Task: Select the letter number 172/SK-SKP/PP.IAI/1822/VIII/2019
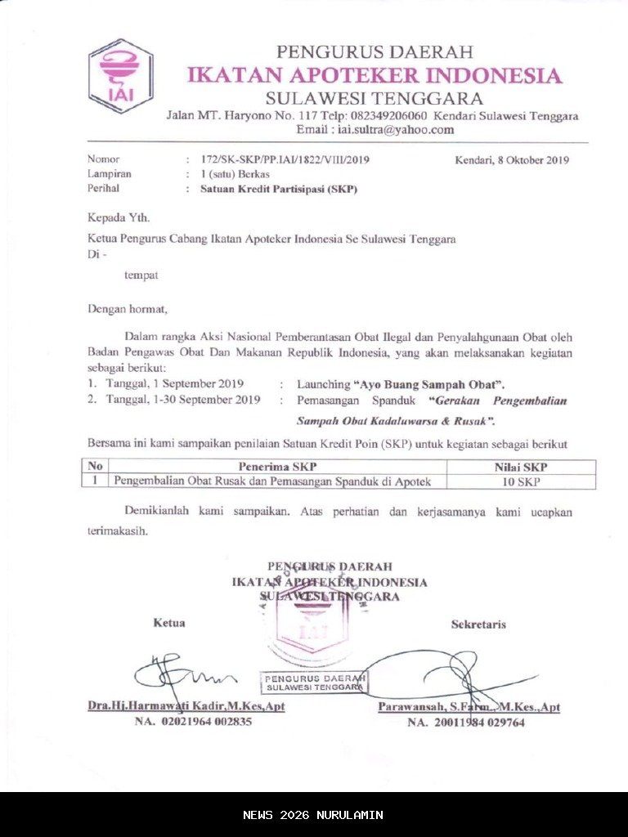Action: point(278,160)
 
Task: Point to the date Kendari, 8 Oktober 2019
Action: point(511,160)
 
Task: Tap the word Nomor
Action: point(103,160)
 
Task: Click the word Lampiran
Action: point(110,174)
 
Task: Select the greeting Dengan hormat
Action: point(128,310)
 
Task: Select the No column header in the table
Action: point(95,467)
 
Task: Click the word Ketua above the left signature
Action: point(168,624)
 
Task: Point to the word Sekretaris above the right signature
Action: point(478,625)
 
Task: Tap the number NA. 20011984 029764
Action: point(466,723)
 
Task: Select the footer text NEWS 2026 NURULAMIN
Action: point(313,815)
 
